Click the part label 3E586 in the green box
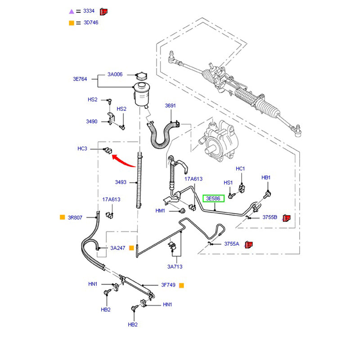point(213,198)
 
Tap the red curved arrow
point(123,160)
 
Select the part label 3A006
point(115,75)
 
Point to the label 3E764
point(81,79)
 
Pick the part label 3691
point(170,106)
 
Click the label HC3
point(82,148)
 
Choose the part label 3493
point(121,182)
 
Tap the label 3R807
point(75,217)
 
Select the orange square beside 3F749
point(181,285)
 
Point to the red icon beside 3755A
point(248,244)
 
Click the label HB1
point(266,178)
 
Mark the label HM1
point(161,211)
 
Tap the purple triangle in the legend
point(71,11)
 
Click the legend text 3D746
point(90,22)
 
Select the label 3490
point(92,121)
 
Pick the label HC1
point(240,169)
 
